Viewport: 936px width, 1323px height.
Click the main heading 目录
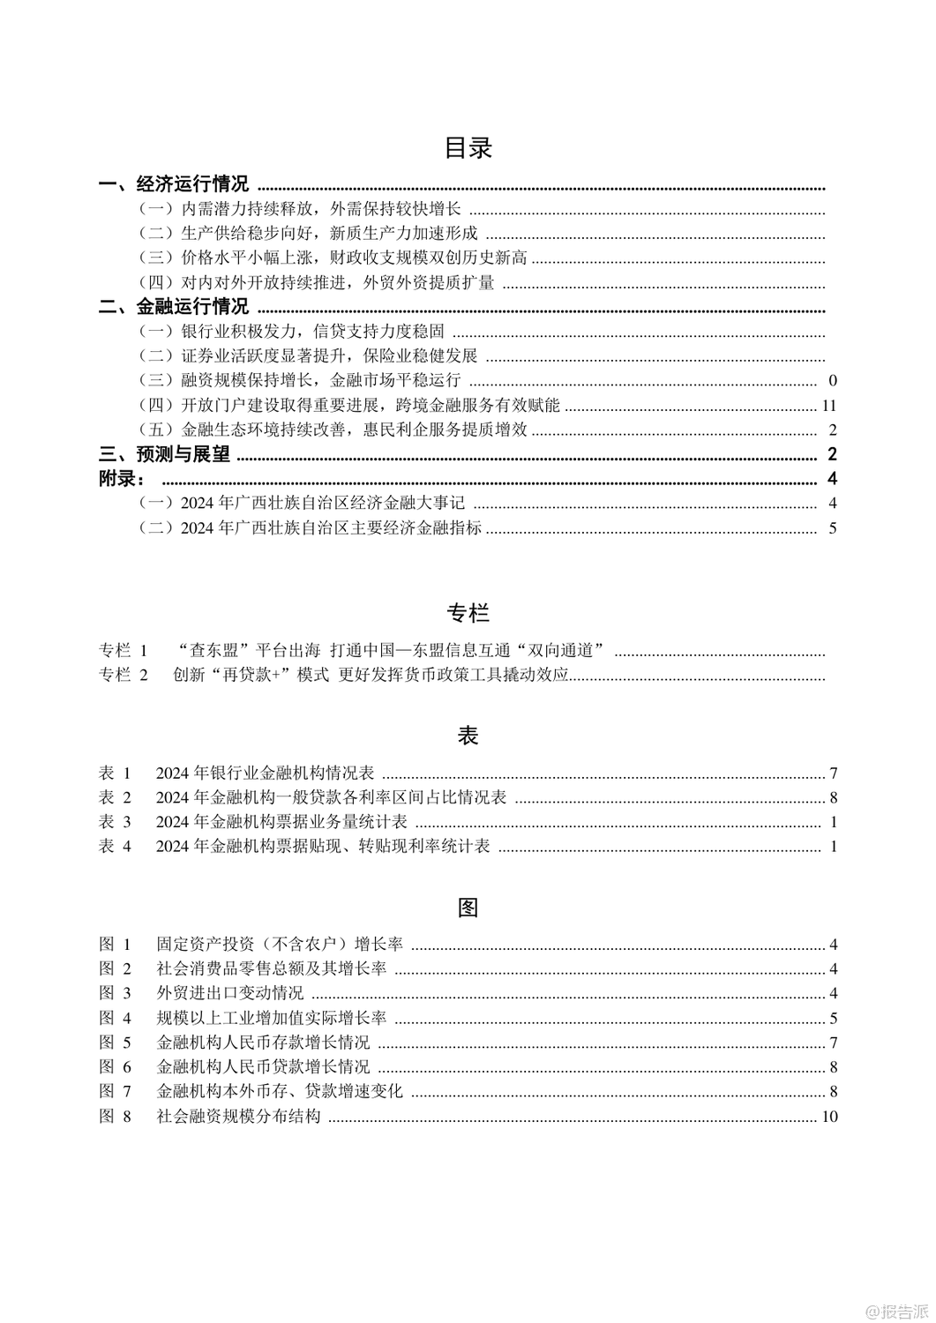click(468, 148)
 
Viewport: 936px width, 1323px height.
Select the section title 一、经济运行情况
click(174, 185)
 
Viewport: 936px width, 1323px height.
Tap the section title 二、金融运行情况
click(174, 307)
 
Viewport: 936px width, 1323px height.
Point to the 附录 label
click(123, 479)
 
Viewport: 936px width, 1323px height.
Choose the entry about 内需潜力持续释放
click(301, 210)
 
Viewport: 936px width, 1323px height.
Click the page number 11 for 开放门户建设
click(827, 406)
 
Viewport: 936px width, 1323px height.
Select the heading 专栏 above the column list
click(468, 612)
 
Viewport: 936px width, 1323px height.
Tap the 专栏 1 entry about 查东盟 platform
click(353, 651)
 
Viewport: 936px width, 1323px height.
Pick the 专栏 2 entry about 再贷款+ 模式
click(353, 676)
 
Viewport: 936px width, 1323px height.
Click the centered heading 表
click(468, 736)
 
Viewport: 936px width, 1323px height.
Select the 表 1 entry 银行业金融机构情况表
click(265, 774)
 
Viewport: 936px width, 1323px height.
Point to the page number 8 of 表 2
click(833, 798)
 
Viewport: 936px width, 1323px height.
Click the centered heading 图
click(468, 907)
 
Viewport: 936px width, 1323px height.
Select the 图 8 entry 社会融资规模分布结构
click(238, 1117)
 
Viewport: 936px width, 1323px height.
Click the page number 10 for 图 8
click(828, 1117)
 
